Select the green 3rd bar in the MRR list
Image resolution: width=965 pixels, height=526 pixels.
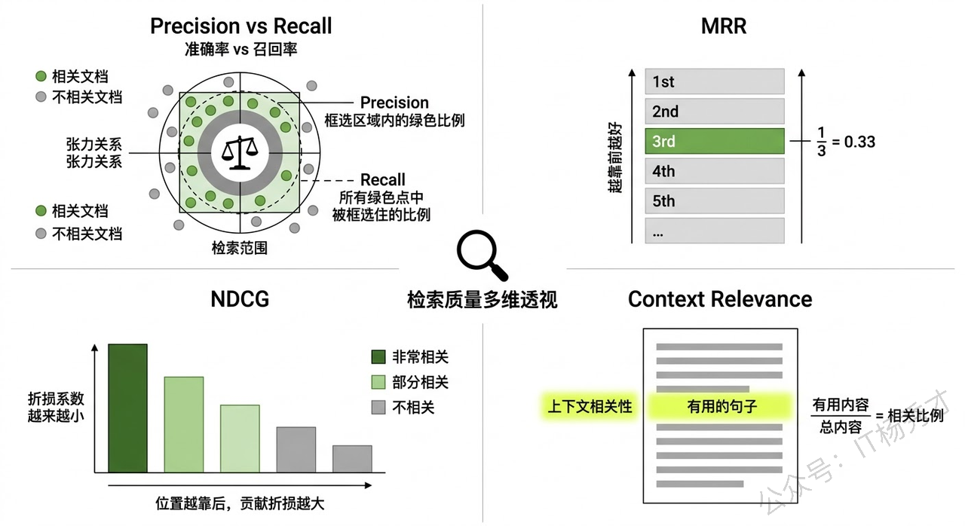click(x=715, y=142)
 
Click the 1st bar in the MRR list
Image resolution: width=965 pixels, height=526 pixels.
click(x=715, y=81)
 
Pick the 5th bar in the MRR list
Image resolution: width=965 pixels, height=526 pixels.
click(x=715, y=201)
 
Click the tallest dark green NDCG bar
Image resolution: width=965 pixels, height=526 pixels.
click(x=127, y=408)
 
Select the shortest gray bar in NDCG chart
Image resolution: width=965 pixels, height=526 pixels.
click(x=352, y=459)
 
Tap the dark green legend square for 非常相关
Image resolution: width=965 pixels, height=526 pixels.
click(x=378, y=357)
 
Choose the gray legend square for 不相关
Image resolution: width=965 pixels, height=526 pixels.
click(x=378, y=408)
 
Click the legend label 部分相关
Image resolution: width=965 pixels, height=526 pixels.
click(x=420, y=382)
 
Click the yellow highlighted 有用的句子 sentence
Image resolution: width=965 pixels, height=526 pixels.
click(x=721, y=407)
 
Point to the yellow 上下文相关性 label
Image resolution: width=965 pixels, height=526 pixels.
click(x=590, y=407)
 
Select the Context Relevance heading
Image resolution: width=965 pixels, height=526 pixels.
click(x=720, y=299)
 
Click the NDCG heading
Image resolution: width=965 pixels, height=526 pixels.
click(x=240, y=299)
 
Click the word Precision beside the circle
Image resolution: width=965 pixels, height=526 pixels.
click(x=394, y=102)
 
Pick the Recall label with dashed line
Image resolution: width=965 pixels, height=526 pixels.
click(x=383, y=180)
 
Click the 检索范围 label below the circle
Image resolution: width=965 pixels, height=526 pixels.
click(x=240, y=247)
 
